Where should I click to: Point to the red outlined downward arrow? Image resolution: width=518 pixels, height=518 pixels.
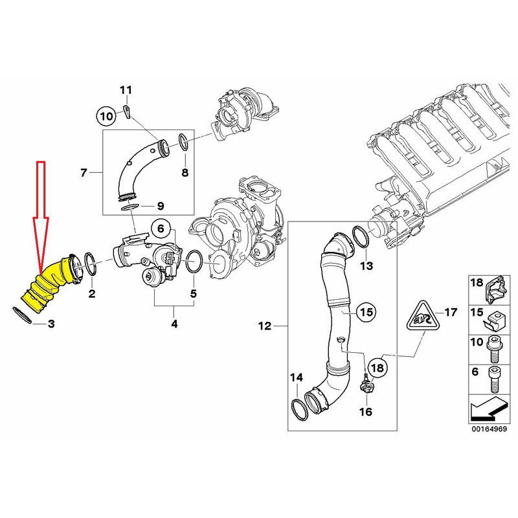click(40, 214)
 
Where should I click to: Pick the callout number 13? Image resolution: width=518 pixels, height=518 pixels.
click(366, 266)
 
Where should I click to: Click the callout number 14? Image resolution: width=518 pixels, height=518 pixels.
click(296, 377)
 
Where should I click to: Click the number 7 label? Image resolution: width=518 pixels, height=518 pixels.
click(83, 173)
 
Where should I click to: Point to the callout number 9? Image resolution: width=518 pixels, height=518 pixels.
click(161, 207)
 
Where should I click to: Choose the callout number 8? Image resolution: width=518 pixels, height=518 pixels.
click(185, 173)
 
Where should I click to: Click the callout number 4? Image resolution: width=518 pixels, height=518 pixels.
click(174, 323)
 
